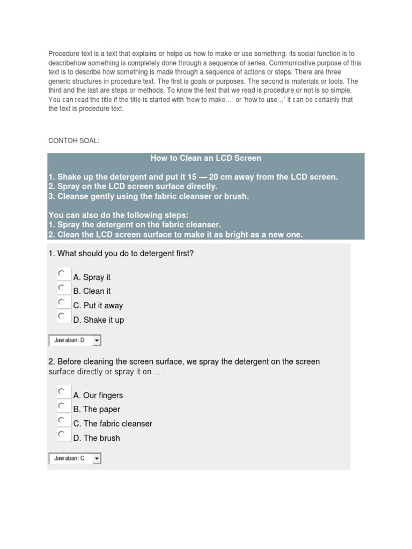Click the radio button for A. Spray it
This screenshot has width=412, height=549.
[x=62, y=274]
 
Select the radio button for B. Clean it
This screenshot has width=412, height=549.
[x=62, y=288]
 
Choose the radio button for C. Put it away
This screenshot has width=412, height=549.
[x=62, y=302]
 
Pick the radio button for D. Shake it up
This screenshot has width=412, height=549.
[x=62, y=316]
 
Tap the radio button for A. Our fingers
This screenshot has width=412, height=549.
[x=62, y=392]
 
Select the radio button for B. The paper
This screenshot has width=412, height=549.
[x=62, y=406]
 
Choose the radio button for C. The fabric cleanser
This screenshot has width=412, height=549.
[x=62, y=420]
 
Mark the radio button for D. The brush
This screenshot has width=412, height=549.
[x=62, y=434]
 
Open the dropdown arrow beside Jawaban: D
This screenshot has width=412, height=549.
[x=97, y=340]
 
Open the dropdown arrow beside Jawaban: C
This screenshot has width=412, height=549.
[x=97, y=458]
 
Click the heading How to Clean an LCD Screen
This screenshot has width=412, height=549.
[x=206, y=158]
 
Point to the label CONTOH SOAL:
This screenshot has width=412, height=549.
[x=74, y=141]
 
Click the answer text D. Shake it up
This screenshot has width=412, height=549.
[x=99, y=320]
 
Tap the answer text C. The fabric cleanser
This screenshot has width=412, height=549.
[x=113, y=424]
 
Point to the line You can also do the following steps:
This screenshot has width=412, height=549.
[x=119, y=216]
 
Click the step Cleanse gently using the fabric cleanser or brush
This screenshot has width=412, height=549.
[x=149, y=196]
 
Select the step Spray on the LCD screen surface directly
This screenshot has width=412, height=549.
[x=133, y=187]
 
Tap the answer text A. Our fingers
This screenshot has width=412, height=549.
[x=98, y=396]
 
